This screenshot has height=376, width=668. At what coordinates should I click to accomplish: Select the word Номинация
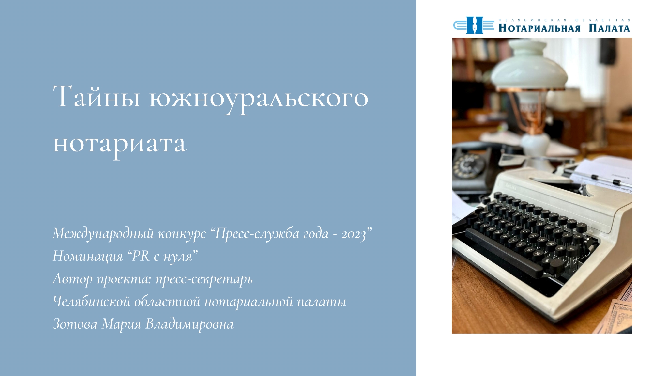88,257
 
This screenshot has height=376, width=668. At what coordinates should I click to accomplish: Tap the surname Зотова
75,324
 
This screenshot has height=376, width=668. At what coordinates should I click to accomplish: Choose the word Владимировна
190,324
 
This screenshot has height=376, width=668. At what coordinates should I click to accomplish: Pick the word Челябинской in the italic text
92,302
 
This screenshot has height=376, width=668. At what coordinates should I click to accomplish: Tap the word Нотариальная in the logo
539,28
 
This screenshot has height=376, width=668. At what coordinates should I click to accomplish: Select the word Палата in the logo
609,28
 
